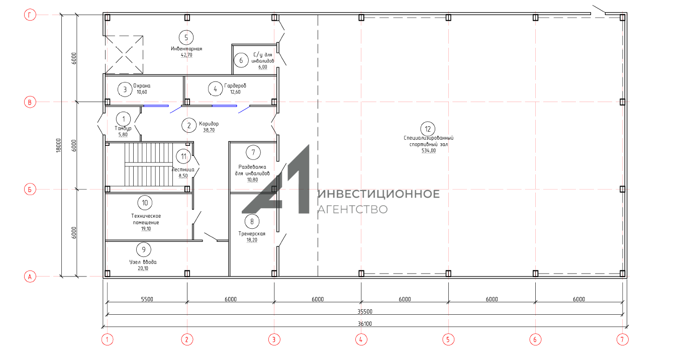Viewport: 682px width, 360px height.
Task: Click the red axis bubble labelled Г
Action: (x=30, y=15)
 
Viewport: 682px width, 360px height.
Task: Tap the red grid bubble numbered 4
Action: (x=361, y=339)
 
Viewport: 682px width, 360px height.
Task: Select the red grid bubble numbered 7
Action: (x=622, y=339)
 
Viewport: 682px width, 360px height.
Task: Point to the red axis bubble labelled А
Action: (x=30, y=277)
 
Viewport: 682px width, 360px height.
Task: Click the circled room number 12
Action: (x=428, y=129)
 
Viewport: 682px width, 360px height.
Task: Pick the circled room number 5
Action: (x=186, y=38)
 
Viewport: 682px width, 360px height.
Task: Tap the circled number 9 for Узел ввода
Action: (x=144, y=250)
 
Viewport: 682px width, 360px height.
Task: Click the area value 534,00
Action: (x=428, y=150)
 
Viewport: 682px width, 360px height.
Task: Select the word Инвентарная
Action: (x=186, y=49)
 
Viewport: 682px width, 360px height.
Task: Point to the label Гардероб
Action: (x=235, y=86)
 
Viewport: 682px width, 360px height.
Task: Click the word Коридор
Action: (x=209, y=124)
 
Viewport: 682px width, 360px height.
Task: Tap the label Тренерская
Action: (x=252, y=234)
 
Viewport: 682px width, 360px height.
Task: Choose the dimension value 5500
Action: (x=147, y=299)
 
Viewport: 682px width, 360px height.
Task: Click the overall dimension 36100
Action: (x=365, y=323)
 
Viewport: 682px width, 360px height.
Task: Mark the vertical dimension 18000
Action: (x=59, y=146)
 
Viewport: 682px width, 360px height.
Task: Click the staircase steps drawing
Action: (x=149, y=164)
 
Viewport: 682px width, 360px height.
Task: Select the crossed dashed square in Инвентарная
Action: (x=124, y=54)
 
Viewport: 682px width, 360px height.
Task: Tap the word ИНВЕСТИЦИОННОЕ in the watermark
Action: (x=379, y=194)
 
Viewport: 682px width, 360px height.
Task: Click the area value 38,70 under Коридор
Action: (x=209, y=130)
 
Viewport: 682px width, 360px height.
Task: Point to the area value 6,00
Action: (x=263, y=67)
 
